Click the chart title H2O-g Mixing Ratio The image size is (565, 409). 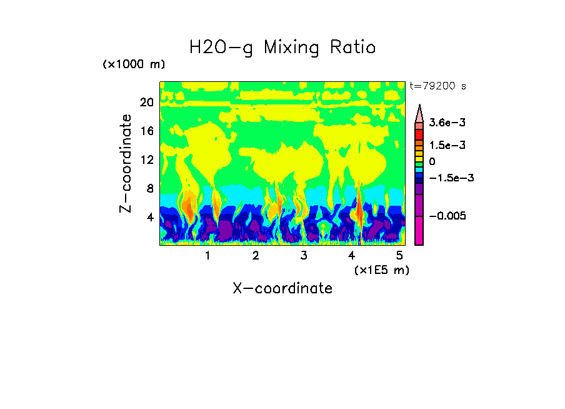[282, 47]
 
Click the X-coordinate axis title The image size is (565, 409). [282, 288]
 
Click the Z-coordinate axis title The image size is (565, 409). [126, 163]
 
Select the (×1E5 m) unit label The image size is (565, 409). [381, 270]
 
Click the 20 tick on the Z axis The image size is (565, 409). [147, 103]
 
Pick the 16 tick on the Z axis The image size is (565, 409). [147, 131]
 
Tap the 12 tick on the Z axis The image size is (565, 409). [147, 159]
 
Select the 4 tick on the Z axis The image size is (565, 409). [150, 217]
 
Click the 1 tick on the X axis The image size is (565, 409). [207, 256]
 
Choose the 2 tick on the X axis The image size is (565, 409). [256, 256]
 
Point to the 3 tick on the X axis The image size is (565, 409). [304, 256]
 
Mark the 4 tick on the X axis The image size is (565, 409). [351, 256]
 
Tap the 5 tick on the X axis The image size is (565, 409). [399, 256]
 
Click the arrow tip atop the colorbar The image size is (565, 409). [419, 107]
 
